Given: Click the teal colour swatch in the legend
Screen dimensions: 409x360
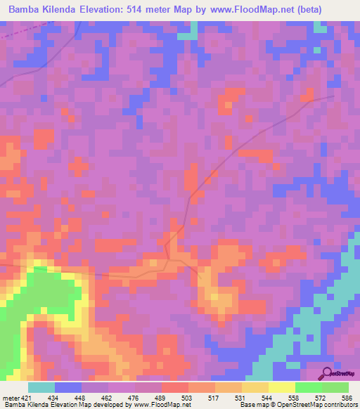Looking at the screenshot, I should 41,387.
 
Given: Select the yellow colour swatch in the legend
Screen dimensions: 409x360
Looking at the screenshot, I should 282,387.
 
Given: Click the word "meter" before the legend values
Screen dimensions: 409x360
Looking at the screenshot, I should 10,398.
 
